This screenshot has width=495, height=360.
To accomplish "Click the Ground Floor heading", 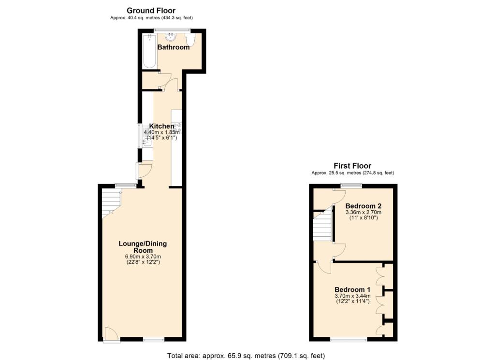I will pos(151,10).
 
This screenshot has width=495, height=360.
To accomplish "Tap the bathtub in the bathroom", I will pos(149,51).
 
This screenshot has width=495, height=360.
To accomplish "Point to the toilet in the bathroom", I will pos(189,41).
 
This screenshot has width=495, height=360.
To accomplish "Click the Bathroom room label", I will pos(173,47).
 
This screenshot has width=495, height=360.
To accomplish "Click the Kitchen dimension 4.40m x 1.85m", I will pos(161,132).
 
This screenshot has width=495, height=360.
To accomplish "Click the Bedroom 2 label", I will pos(363,206).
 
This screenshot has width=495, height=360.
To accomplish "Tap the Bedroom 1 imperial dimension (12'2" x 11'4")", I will pos(352,302).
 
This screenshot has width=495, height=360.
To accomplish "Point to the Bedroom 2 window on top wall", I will pos(351,186).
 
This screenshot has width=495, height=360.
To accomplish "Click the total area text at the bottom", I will pos(246,356).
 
